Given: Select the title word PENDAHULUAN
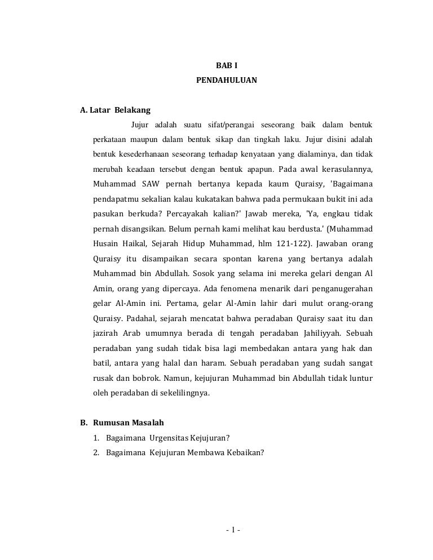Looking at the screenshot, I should tap(227, 81).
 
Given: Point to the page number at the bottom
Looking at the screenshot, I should tap(232, 530).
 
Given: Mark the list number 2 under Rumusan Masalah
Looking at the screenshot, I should tap(96, 452).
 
